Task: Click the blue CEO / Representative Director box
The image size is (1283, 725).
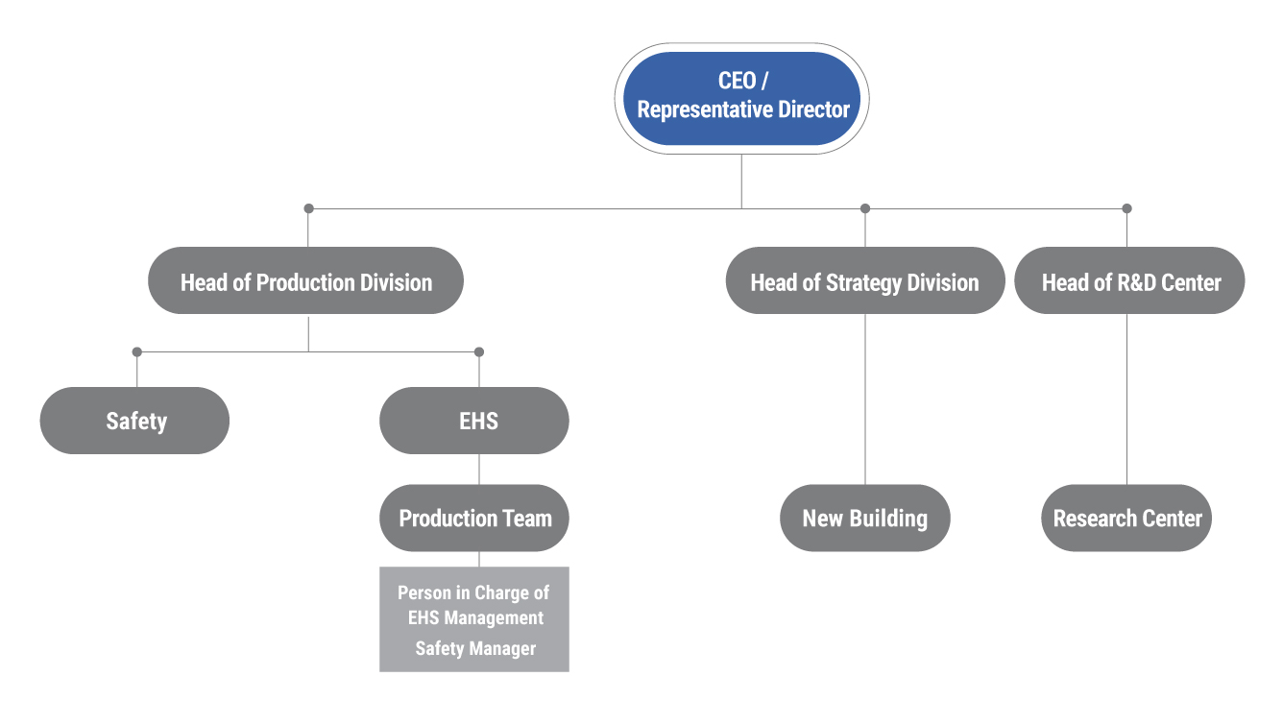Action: [741, 99]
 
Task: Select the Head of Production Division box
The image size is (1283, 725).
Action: [305, 280]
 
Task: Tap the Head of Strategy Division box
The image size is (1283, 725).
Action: [865, 280]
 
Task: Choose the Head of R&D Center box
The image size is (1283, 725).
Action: [1129, 280]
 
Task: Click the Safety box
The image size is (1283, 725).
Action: [134, 421]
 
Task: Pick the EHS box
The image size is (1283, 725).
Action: [474, 421]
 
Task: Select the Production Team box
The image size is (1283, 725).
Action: [474, 519]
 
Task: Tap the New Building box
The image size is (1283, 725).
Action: [865, 519]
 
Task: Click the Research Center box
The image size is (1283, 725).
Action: [1126, 519]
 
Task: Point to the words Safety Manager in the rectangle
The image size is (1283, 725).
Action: [475, 648]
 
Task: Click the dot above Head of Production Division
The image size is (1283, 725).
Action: [308, 208]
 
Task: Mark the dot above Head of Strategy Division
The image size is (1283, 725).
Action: [865, 208]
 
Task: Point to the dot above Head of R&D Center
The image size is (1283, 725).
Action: [1126, 208]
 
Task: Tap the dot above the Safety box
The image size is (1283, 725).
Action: [137, 351]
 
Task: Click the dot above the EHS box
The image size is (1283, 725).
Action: [479, 351]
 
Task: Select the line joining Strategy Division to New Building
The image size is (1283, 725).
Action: [865, 399]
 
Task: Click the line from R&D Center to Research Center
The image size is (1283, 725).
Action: [1126, 399]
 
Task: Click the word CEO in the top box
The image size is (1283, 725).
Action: [737, 81]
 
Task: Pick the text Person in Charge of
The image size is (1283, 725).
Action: [473, 592]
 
